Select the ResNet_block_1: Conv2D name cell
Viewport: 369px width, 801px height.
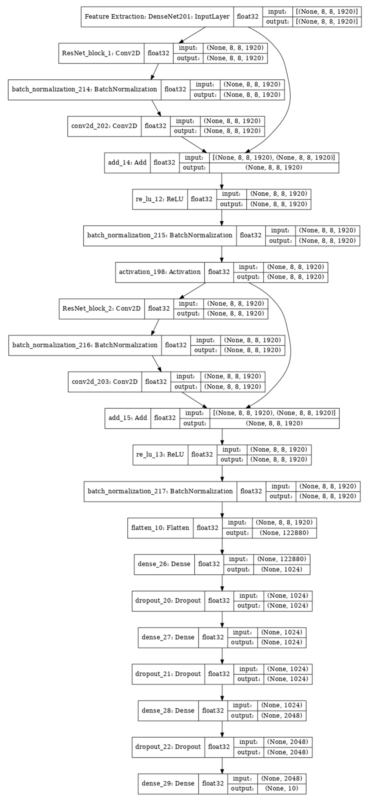[101, 53]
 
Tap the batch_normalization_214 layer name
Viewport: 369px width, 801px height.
[84, 89]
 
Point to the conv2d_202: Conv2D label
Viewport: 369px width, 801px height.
[104, 126]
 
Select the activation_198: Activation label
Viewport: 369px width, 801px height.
[160, 272]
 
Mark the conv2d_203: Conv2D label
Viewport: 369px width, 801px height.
[105, 382]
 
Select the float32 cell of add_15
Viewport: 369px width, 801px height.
[165, 418]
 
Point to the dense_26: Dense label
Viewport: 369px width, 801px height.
[164, 564]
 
